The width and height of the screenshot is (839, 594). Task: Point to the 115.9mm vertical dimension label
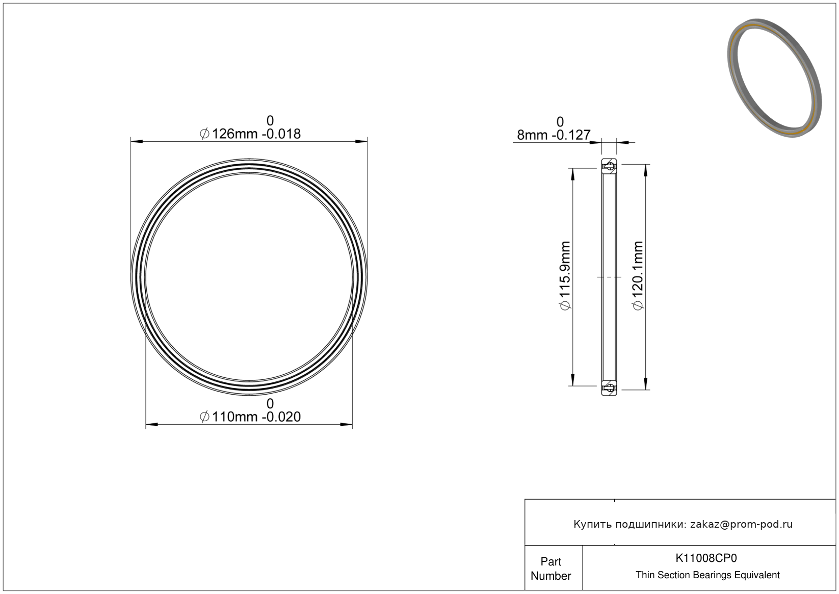[x=565, y=276]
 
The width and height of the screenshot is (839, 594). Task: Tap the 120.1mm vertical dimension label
[x=638, y=276]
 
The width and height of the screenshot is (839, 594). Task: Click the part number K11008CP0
[x=705, y=558]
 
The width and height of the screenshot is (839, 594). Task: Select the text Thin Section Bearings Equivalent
[x=707, y=575]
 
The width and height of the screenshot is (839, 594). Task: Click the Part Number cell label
[x=550, y=569]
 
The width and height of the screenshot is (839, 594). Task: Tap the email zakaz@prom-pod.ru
[x=741, y=524]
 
